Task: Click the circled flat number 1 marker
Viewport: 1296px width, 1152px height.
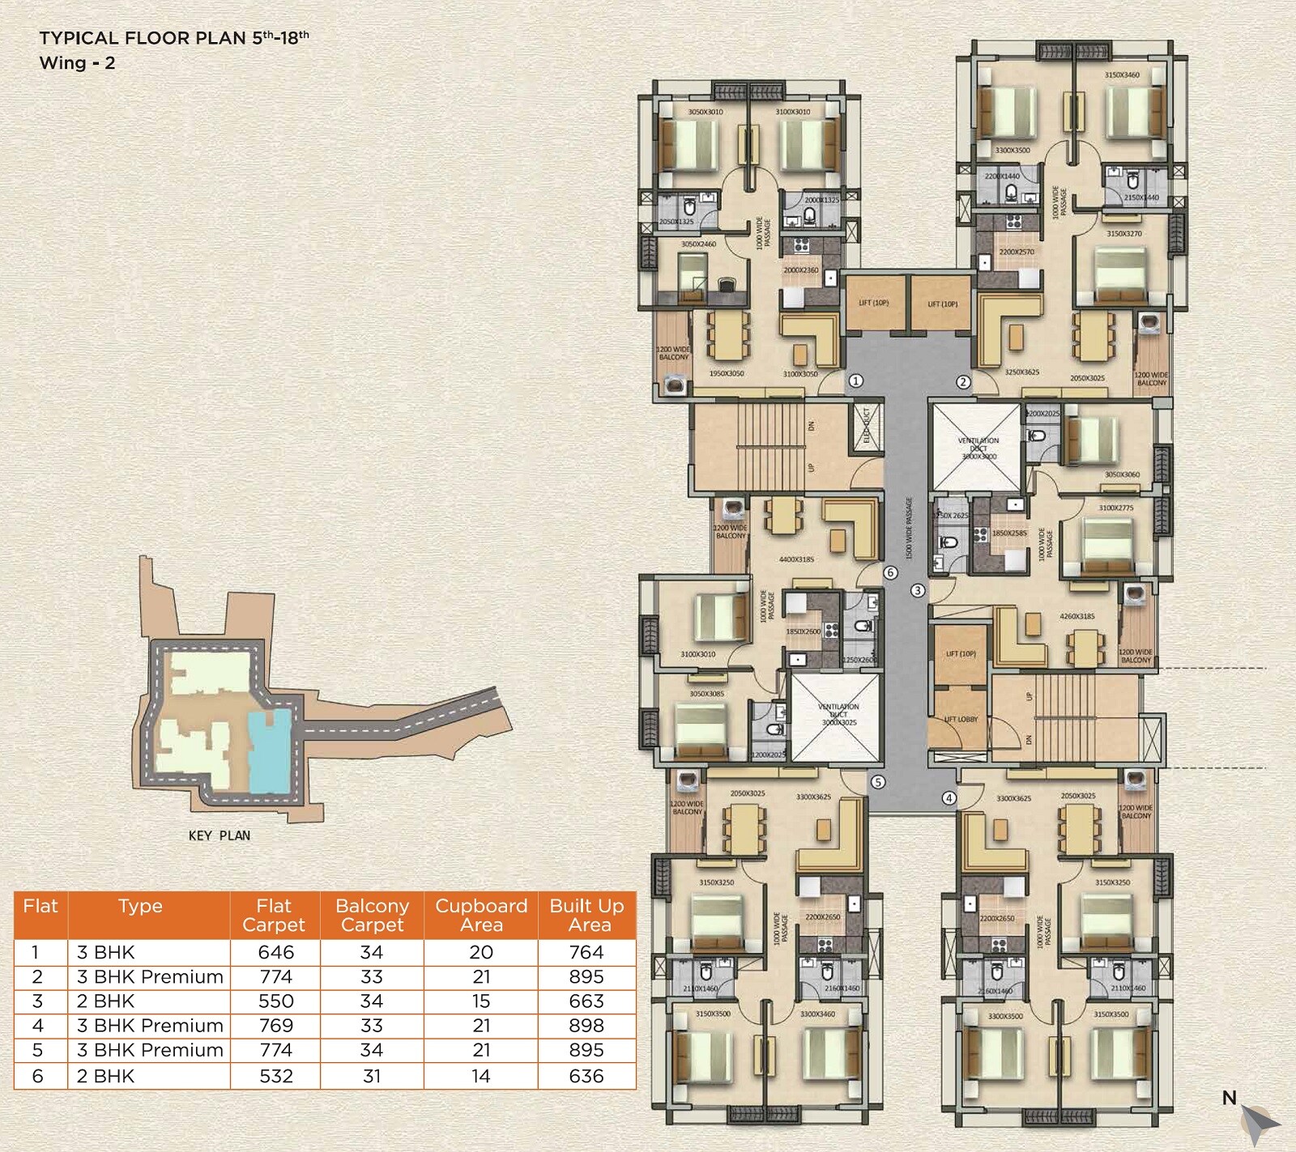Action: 855,380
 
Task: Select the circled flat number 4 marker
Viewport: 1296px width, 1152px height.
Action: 949,798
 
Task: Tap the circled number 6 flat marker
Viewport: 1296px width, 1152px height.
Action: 890,572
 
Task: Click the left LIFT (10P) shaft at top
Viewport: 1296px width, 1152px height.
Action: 874,303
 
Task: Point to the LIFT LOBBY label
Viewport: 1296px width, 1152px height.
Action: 961,719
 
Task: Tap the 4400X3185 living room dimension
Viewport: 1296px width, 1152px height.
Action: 796,559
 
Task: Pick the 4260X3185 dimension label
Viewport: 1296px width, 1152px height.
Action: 1076,616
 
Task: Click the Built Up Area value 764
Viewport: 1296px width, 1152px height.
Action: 586,952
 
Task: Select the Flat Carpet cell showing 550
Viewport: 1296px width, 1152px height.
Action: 275,1001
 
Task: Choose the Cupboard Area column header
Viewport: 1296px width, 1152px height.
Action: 481,915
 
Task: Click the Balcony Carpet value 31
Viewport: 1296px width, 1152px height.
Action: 372,1076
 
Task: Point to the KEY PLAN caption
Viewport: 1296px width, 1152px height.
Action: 219,835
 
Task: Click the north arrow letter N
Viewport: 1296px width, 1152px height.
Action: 1230,1098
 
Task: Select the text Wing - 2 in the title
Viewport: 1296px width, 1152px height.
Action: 77,63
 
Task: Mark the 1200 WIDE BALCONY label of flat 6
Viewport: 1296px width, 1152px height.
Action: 730,531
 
